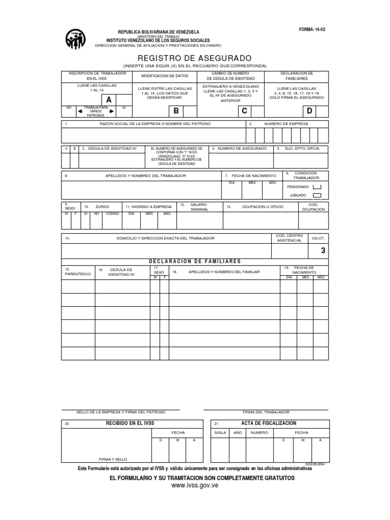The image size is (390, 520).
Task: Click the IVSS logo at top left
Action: [x=76, y=39]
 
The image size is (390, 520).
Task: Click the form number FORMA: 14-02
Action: [x=312, y=30]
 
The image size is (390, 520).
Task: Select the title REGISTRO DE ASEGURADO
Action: [x=194, y=58]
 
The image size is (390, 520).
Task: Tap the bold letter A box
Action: [x=109, y=100]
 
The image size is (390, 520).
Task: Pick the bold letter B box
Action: [x=176, y=111]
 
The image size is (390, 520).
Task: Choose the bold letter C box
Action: [x=244, y=111]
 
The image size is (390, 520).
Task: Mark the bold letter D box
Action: [x=308, y=111]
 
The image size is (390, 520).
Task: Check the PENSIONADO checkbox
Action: [x=317, y=186]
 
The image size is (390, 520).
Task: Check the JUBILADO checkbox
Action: [x=317, y=195]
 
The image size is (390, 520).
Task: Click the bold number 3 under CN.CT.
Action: [x=323, y=251]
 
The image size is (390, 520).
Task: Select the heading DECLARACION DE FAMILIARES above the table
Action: [x=194, y=262]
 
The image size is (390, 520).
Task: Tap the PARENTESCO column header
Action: [x=78, y=274]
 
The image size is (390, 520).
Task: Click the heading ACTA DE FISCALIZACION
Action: [x=269, y=423]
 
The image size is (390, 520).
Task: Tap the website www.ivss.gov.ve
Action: [x=194, y=486]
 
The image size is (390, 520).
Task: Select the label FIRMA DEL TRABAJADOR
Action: [x=266, y=412]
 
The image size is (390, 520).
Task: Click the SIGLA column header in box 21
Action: [x=220, y=432]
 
